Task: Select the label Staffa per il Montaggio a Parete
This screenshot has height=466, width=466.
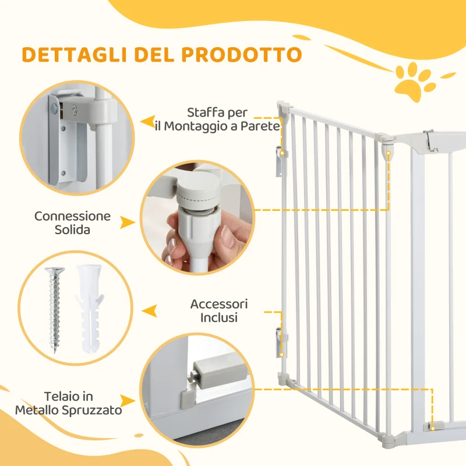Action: coord(217,119)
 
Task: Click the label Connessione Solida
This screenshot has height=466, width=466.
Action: coord(72,223)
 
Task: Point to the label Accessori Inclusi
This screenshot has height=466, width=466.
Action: coord(219,311)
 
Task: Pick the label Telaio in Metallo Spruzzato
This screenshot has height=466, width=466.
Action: coord(69,404)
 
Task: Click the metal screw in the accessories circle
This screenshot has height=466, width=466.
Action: coord(53,309)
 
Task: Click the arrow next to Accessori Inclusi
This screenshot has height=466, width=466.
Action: coord(150,311)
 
